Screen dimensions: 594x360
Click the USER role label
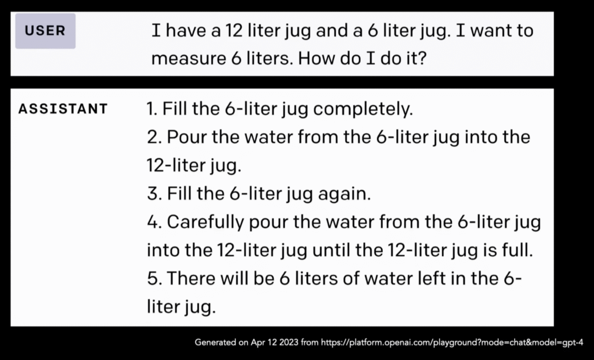(x=45, y=31)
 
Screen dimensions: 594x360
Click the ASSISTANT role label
(x=63, y=109)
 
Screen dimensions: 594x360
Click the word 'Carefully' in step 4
(x=205, y=222)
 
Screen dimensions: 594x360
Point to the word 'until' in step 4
(x=331, y=250)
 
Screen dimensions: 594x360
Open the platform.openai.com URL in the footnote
(x=452, y=343)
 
